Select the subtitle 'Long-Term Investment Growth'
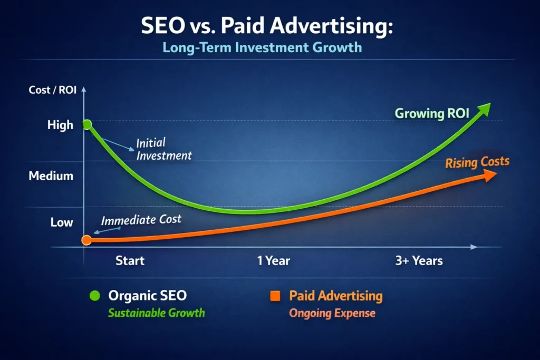[262, 47]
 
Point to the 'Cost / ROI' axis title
[53, 90]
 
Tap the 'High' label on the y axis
[60, 125]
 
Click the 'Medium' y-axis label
[51, 176]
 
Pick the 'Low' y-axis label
[62, 222]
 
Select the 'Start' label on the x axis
[130, 260]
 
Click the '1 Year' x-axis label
[273, 260]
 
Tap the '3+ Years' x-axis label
[419, 260]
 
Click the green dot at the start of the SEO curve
[88, 124]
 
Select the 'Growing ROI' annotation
[431, 113]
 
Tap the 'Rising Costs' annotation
[477, 162]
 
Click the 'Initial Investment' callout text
[163, 149]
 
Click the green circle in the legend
[95, 296]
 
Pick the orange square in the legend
[274, 296]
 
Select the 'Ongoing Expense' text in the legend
[332, 313]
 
